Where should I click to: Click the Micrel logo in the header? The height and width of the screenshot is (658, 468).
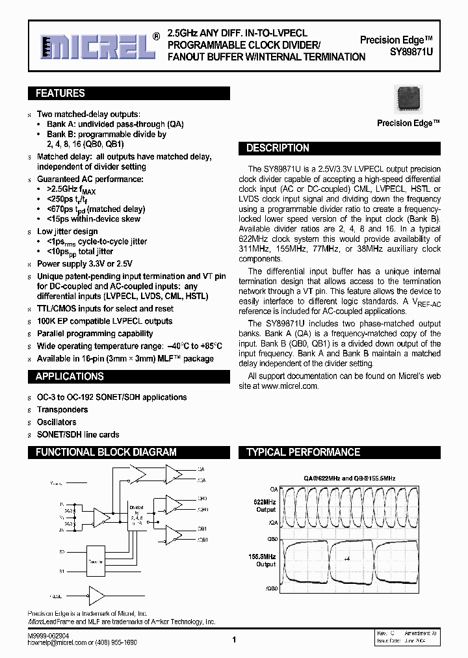(x=94, y=46)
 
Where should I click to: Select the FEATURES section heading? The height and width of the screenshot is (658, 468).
(x=60, y=94)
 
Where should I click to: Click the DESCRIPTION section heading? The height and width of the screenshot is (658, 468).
(x=278, y=148)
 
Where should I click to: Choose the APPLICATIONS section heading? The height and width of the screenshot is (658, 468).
(x=70, y=376)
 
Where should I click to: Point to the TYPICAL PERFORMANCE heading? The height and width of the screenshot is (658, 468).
(x=303, y=453)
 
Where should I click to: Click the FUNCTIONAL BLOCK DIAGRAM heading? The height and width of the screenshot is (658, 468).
(x=106, y=453)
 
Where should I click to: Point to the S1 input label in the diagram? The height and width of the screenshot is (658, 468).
(x=62, y=572)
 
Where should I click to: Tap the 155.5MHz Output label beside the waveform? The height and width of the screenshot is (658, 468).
(x=265, y=560)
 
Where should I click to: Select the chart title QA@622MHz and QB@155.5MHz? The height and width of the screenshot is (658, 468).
(x=350, y=478)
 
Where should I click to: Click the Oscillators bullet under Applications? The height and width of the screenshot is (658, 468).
(x=62, y=422)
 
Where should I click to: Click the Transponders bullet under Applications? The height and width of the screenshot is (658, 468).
(x=62, y=410)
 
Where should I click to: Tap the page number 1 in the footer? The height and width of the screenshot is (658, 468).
(x=233, y=640)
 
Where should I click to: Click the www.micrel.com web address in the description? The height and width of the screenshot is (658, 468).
(x=290, y=386)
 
